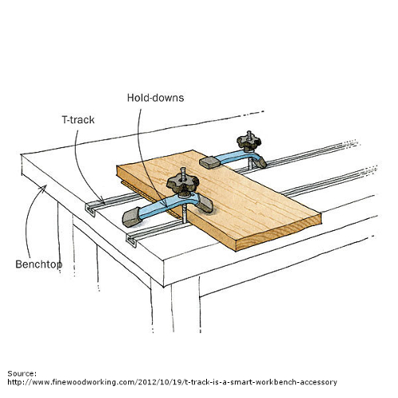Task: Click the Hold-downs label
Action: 155,98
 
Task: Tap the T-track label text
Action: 78,119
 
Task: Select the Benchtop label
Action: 39,264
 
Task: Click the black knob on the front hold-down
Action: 183,184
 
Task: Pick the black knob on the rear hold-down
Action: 248,141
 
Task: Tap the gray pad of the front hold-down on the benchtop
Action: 131,217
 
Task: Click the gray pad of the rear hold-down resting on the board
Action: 209,162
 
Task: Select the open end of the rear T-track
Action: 91,209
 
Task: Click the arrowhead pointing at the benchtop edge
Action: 44,188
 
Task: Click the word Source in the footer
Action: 22,373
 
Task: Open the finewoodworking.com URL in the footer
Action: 172,382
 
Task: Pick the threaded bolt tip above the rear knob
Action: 249,133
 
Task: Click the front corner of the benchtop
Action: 163,261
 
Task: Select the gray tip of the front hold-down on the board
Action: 205,204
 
